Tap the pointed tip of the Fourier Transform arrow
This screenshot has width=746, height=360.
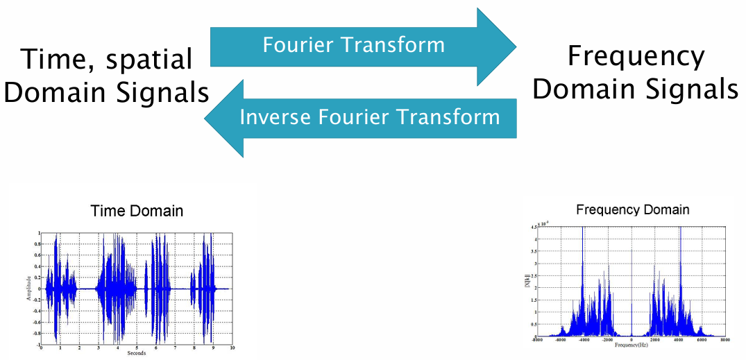click(x=515, y=46)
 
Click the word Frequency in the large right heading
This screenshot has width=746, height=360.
click(x=635, y=56)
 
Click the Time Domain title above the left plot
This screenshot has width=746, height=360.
click(x=137, y=211)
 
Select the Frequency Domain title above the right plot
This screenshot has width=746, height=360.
click(x=633, y=209)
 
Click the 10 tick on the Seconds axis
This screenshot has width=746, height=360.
click(x=232, y=348)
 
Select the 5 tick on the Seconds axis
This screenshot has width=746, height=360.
click(x=137, y=348)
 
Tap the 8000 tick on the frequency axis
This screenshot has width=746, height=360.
click(x=724, y=341)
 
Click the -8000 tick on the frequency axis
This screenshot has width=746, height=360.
click(x=535, y=341)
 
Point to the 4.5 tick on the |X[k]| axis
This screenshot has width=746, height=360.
click(x=530, y=227)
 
